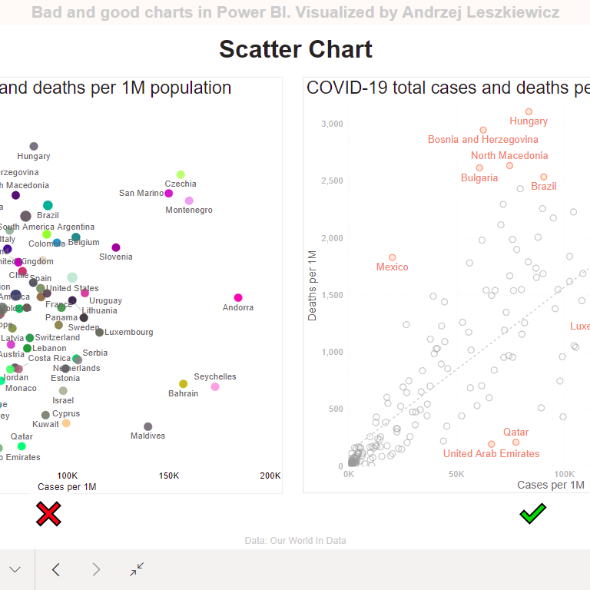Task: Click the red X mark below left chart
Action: pos(48,514)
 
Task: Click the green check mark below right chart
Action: pos(532,513)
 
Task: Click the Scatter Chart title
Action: pos(295,49)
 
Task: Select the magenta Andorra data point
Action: pos(238,297)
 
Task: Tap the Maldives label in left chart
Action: pos(147,436)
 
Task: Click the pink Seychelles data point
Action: pos(215,386)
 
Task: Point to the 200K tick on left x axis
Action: pos(270,476)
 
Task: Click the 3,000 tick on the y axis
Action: pos(332,124)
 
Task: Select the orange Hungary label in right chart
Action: pos(529,121)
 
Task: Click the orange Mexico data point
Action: pos(393,257)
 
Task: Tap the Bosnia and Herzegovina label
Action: pos(483,140)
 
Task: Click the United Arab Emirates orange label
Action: pos(491,454)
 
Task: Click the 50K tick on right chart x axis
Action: pos(456,474)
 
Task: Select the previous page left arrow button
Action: pos(55,569)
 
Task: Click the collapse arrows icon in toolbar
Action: pos(137,569)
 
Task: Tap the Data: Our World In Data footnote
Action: pos(295,541)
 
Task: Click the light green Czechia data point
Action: pos(181,174)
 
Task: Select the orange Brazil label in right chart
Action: pos(544,187)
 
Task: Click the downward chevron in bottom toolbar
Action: pos(15,569)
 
